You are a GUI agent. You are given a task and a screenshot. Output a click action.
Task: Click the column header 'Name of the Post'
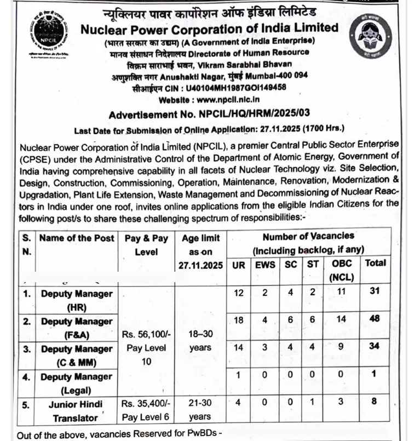click(x=77, y=238)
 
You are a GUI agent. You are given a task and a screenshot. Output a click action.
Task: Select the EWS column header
click(x=265, y=264)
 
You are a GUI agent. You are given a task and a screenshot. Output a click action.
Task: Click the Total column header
click(x=375, y=263)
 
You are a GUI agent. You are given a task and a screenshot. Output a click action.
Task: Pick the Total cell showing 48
click(x=375, y=318)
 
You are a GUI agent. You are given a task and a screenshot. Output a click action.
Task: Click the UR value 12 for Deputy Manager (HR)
click(x=239, y=293)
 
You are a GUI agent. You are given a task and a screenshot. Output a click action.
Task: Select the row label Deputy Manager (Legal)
click(x=76, y=383)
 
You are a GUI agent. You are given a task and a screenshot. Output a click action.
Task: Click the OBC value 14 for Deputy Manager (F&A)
click(x=342, y=318)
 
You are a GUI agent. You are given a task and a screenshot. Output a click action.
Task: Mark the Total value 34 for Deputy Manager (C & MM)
click(x=375, y=346)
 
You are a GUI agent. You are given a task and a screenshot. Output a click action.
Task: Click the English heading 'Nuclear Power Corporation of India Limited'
click(x=209, y=27)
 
